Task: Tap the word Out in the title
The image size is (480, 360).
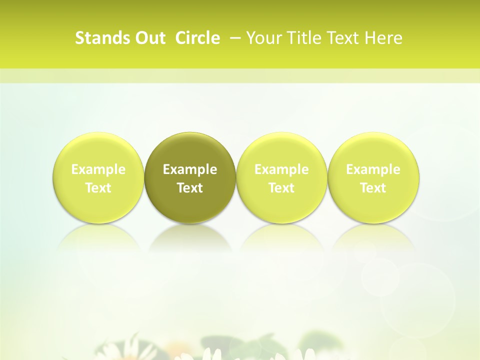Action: coord(148,38)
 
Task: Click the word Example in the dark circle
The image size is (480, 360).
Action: coord(190,169)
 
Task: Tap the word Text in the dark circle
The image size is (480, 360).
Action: coord(190,188)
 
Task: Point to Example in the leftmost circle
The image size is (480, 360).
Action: coord(98,169)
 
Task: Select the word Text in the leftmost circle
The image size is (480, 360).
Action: coord(98,188)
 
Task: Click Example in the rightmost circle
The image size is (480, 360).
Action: coord(373,169)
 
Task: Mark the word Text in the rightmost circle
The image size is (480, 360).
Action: coord(373,188)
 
